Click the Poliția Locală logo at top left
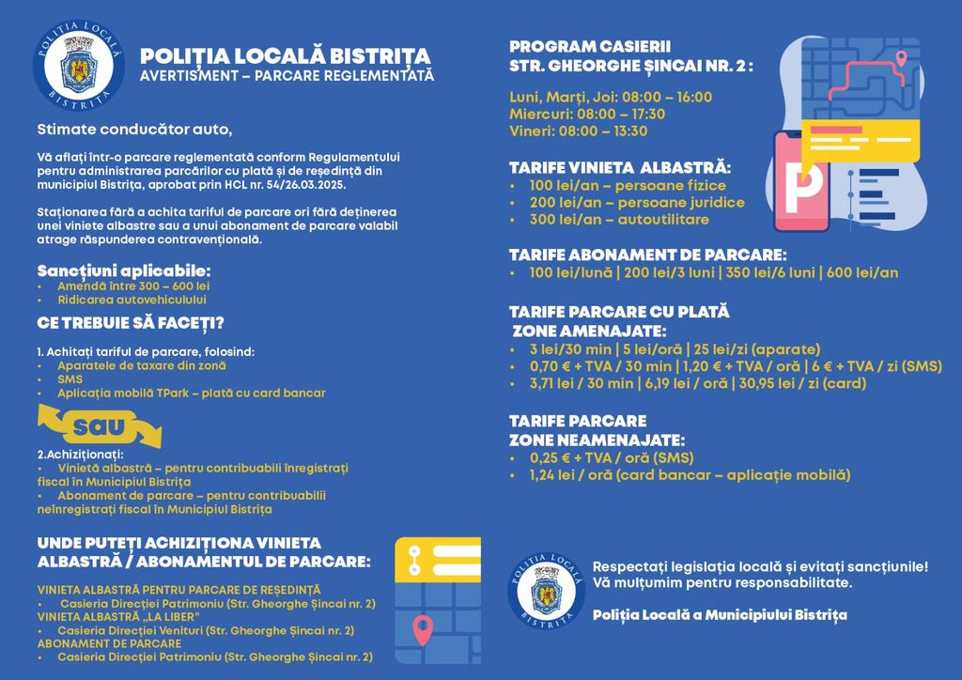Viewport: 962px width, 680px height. pyautogui.click(x=79, y=65)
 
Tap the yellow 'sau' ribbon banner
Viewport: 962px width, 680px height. pyautogui.click(x=99, y=427)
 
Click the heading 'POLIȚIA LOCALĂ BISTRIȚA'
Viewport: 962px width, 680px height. pyautogui.click(x=285, y=55)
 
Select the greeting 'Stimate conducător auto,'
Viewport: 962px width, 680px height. pyautogui.click(x=133, y=128)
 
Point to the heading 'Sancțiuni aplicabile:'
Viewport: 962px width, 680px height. pyautogui.click(x=124, y=270)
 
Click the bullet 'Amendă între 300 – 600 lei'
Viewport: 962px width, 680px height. pyautogui.click(x=133, y=286)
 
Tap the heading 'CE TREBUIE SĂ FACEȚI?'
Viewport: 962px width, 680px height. pyautogui.click(x=131, y=323)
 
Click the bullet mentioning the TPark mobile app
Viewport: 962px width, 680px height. pyautogui.click(x=191, y=393)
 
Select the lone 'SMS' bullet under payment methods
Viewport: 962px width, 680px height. pyautogui.click(x=70, y=379)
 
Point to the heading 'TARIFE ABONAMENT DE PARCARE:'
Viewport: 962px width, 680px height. pyautogui.click(x=647, y=255)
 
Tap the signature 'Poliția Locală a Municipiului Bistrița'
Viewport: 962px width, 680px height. pyautogui.click(x=720, y=614)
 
